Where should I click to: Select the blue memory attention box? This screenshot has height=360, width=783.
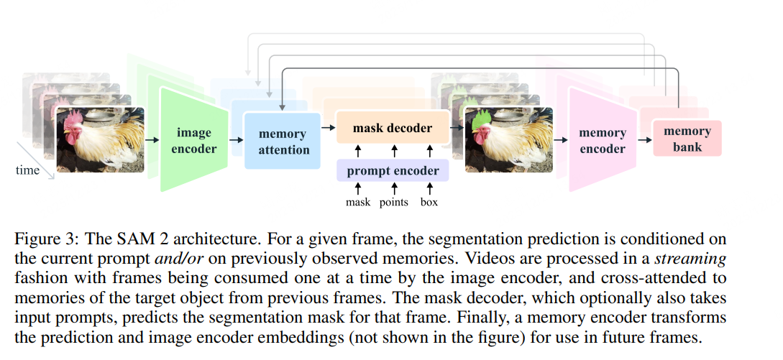tap(283, 141)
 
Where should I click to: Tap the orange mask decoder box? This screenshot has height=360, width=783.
tap(393, 128)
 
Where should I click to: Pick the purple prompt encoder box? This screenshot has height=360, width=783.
tap(393, 171)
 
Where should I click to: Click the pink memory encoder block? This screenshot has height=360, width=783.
tap(602, 141)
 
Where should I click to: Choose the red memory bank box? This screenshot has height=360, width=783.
tap(687, 139)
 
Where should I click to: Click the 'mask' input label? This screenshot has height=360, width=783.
tap(357, 202)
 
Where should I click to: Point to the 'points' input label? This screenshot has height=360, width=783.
tap(393, 202)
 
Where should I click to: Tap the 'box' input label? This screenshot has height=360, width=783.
tap(429, 202)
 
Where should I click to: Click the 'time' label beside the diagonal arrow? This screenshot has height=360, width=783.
tap(28, 170)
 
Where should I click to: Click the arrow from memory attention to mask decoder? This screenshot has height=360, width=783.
tap(328, 128)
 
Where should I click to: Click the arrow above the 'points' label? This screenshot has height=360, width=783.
tap(393, 190)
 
